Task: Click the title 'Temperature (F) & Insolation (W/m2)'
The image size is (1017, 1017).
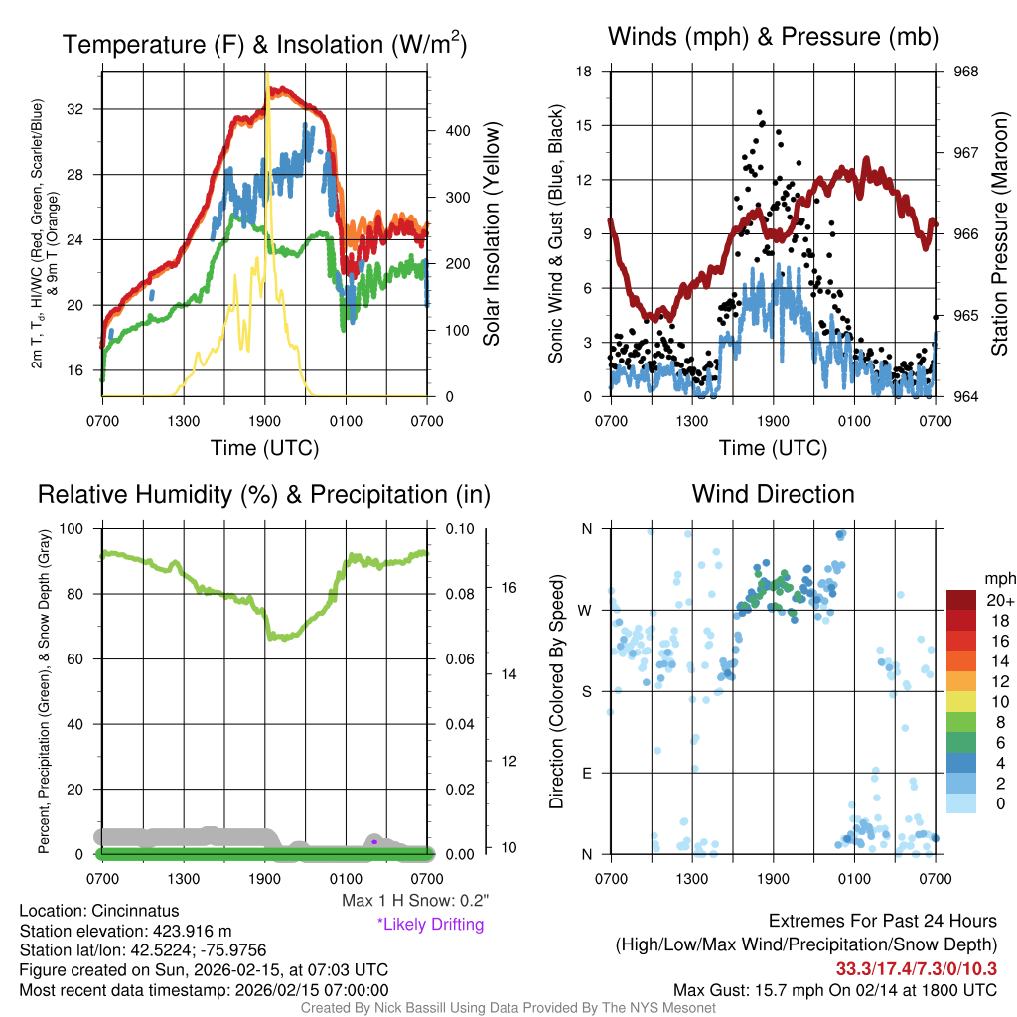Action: [264, 44]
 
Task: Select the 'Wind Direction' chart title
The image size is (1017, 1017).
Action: [773, 494]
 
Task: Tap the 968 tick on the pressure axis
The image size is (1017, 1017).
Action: [966, 72]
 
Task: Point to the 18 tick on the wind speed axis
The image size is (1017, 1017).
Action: [584, 72]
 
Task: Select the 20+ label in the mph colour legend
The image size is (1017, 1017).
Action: [998, 601]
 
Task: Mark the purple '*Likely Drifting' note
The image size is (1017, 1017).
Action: [430, 925]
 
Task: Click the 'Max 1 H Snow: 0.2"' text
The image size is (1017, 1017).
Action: [415, 901]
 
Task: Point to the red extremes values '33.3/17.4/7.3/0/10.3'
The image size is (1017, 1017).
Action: [915, 968]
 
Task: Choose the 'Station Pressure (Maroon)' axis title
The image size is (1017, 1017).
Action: [999, 234]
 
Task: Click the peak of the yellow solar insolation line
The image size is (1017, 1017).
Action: [266, 73]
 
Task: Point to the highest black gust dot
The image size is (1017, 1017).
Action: [760, 112]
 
